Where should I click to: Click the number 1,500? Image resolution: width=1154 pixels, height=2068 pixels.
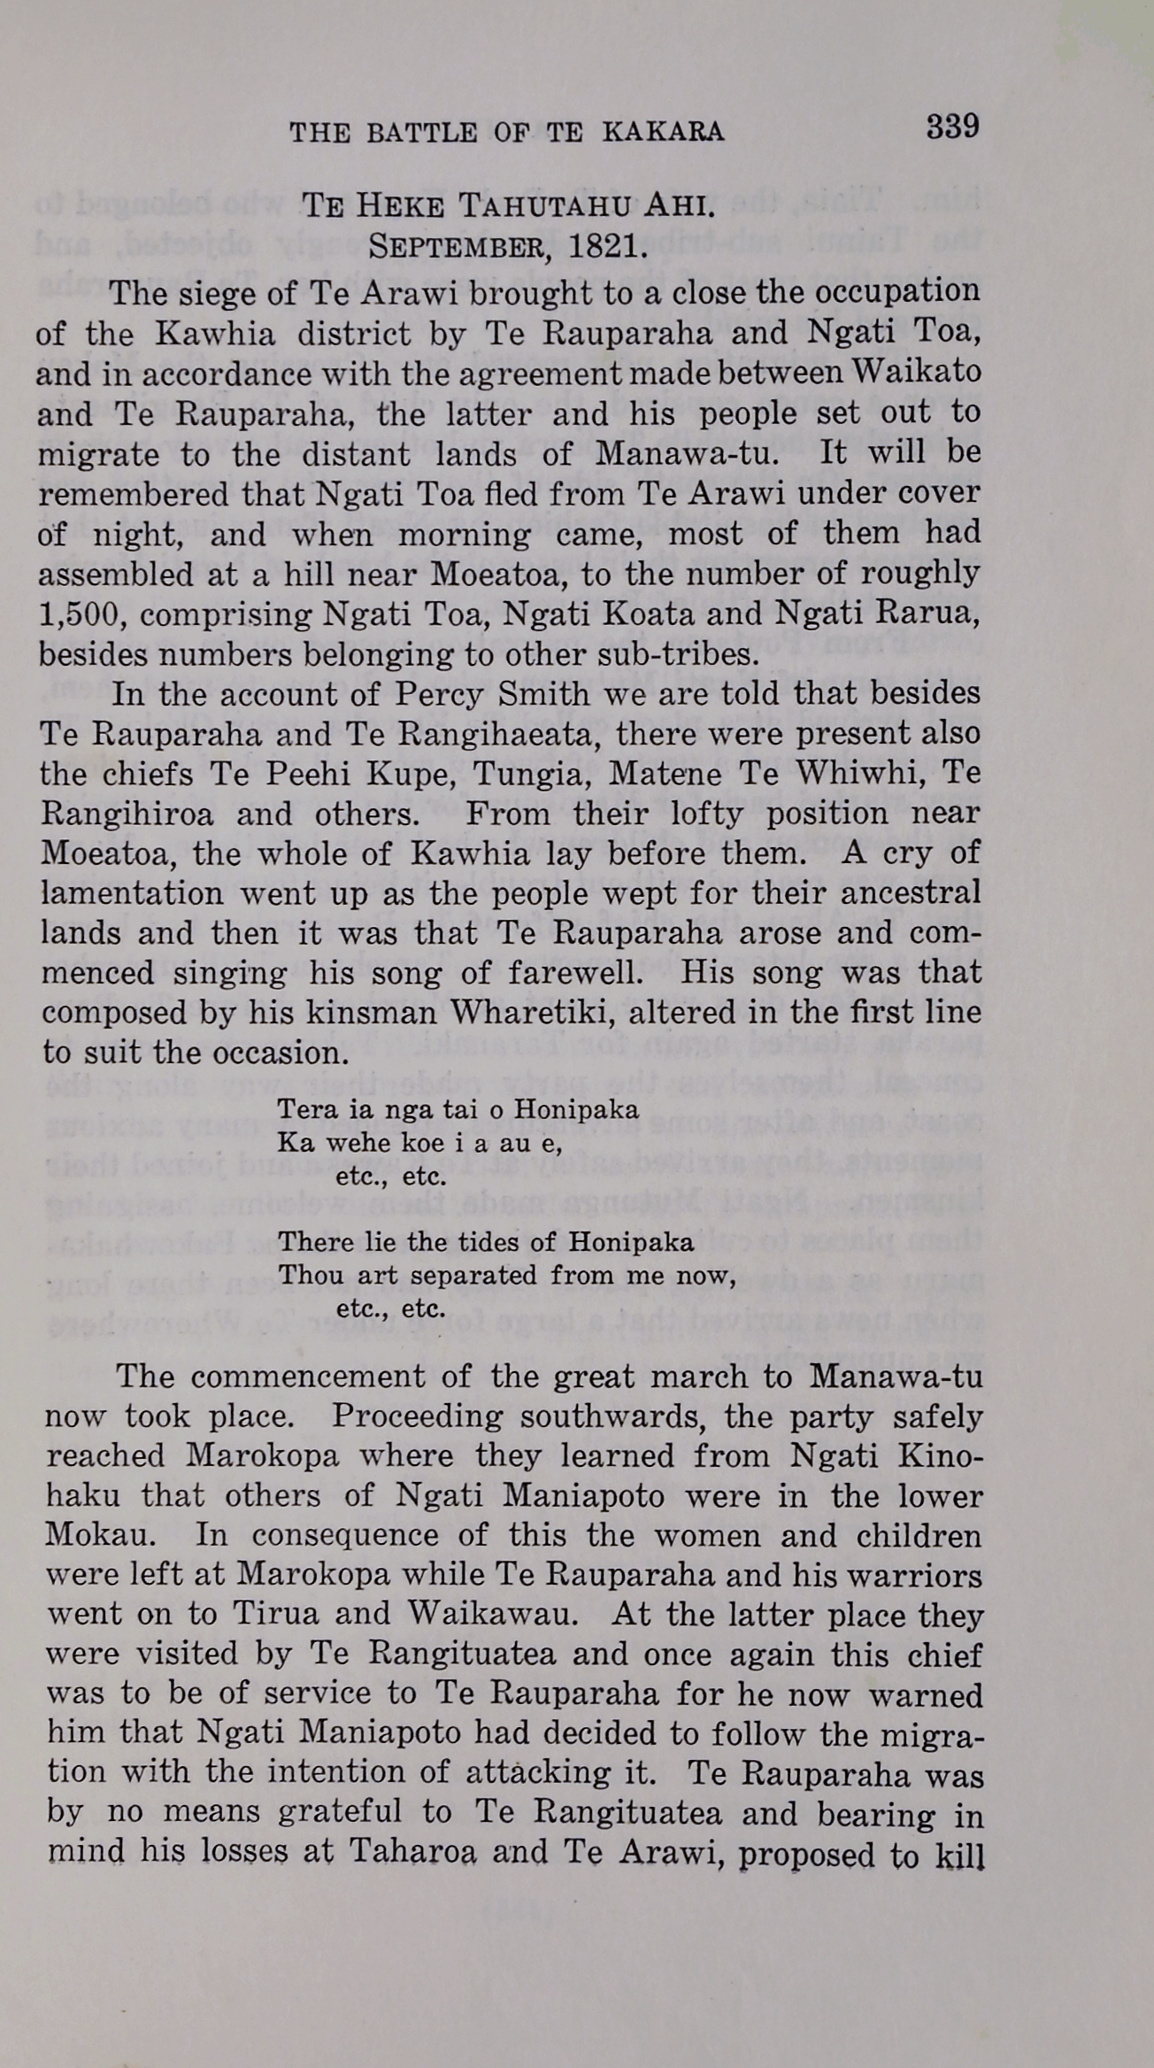click(x=79, y=614)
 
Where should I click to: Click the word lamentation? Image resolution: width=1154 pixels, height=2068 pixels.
click(x=132, y=893)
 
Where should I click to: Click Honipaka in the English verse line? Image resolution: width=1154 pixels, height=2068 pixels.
click(x=631, y=1242)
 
